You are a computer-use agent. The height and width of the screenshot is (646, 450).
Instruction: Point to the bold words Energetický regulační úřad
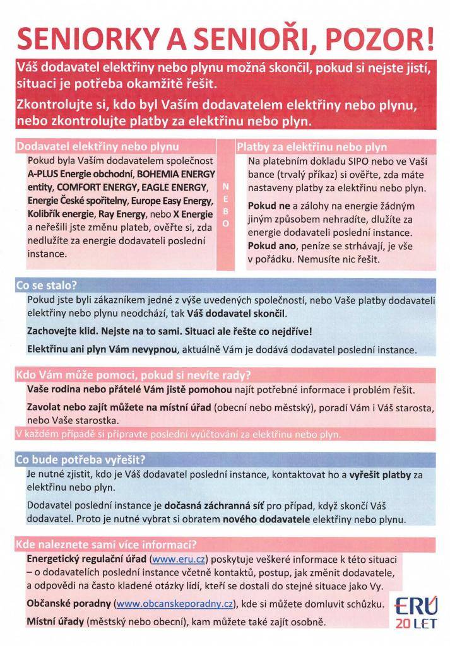click(86, 559)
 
